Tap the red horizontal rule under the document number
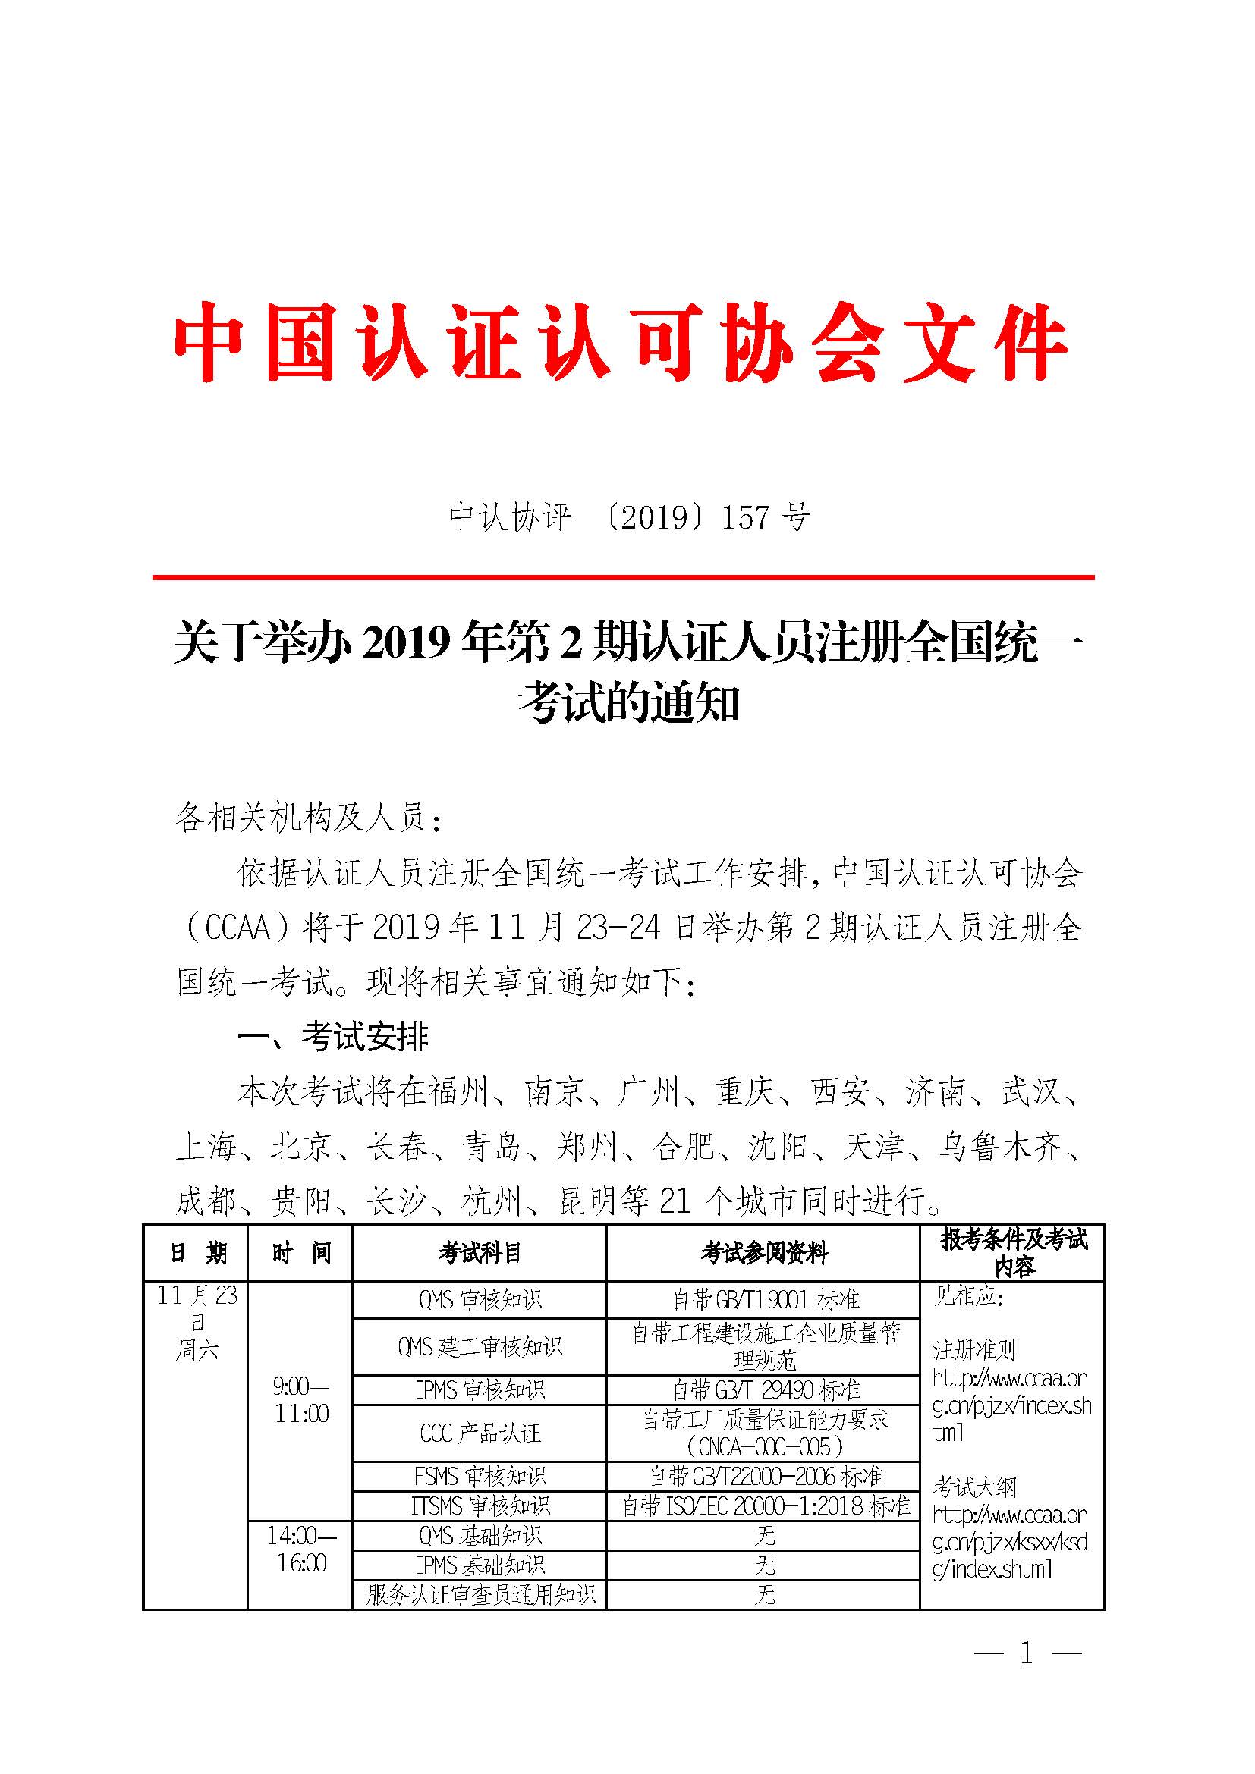(x=623, y=577)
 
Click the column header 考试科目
(x=479, y=1252)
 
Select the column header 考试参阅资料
(x=763, y=1252)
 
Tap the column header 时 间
(x=300, y=1252)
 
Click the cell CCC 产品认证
(x=479, y=1433)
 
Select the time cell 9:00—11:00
(x=300, y=1400)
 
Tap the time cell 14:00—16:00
(x=300, y=1550)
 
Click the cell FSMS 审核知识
(x=479, y=1477)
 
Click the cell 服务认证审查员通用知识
(x=479, y=1594)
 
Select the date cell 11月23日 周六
(x=197, y=1322)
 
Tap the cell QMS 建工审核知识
(x=479, y=1346)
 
